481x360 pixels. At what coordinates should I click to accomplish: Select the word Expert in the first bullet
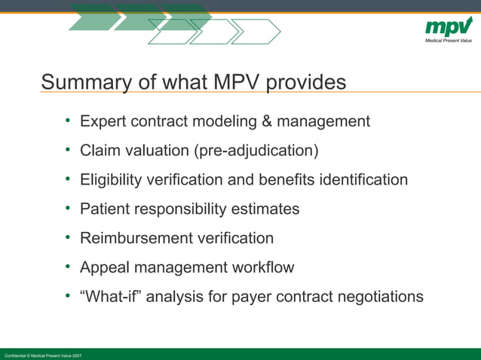[103, 121]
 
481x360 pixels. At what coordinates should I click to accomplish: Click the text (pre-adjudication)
[256, 151]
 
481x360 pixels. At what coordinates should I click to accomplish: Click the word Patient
[104, 209]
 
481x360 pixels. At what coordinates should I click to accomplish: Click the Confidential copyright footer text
[43, 355]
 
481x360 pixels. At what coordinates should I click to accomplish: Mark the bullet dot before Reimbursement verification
[68, 238]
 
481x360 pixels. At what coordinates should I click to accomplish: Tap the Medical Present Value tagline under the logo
[449, 40]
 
